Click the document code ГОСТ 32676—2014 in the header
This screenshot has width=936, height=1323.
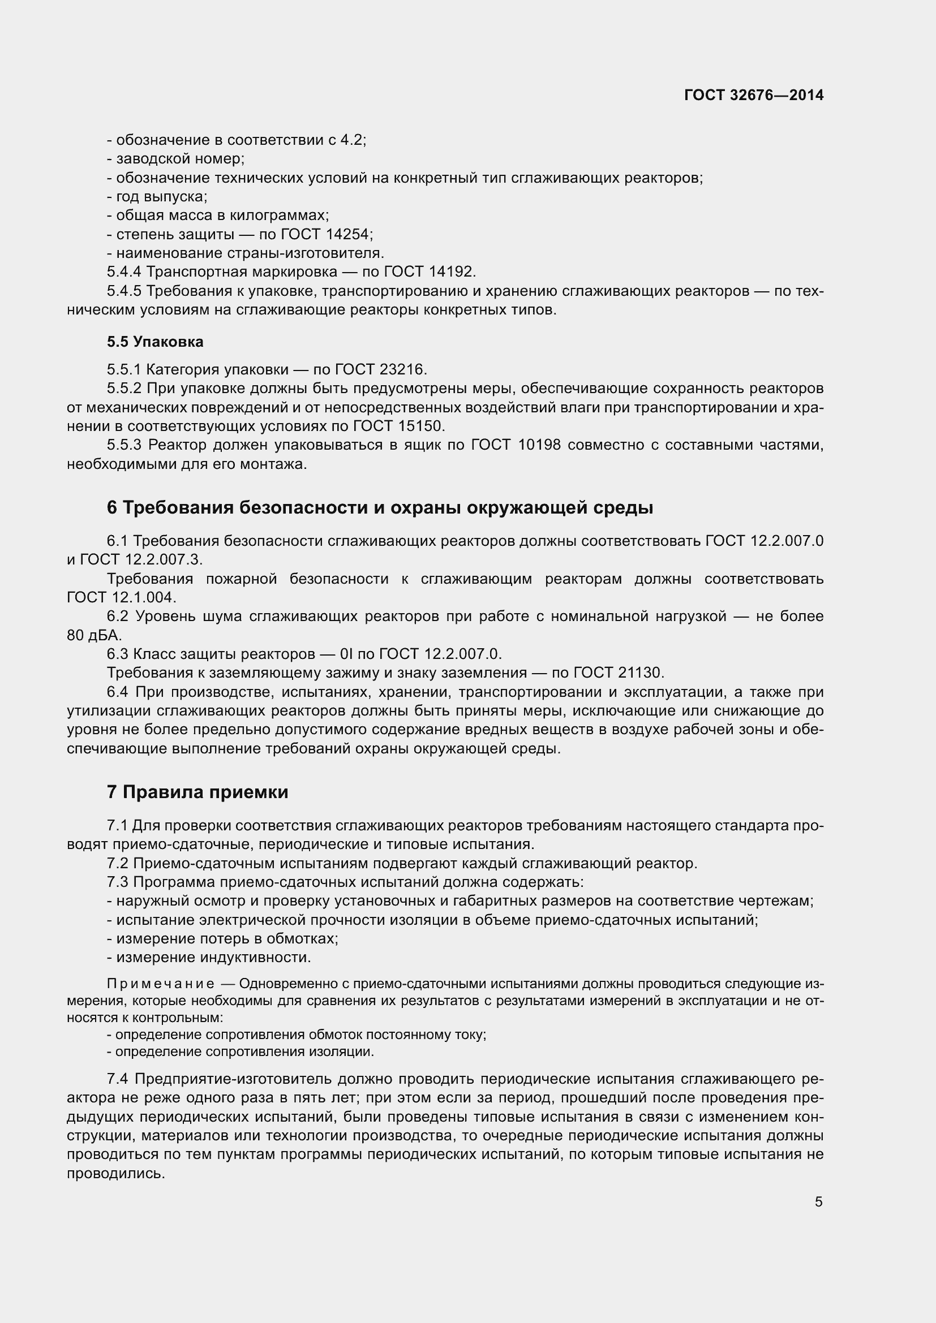(x=753, y=95)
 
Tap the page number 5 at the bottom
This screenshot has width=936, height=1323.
(x=818, y=1201)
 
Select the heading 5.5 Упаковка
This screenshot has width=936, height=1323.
(x=155, y=342)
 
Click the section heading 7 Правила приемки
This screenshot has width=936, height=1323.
(x=197, y=792)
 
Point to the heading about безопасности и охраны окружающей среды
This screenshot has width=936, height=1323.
(x=380, y=507)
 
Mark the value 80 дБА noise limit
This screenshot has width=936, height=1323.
(x=94, y=635)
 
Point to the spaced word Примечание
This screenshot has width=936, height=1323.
(x=161, y=984)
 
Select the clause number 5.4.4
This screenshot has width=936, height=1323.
(x=124, y=272)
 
